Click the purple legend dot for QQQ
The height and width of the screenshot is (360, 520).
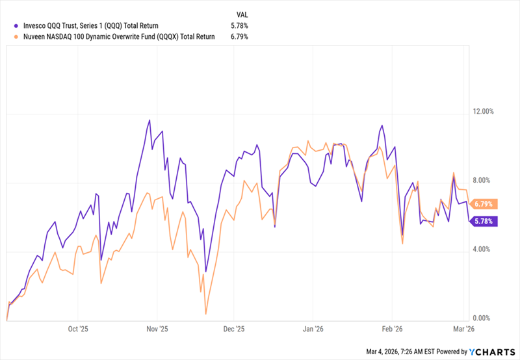point(16,25)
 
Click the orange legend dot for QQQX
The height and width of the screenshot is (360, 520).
point(16,36)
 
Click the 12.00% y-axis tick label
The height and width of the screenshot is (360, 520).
point(484,112)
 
